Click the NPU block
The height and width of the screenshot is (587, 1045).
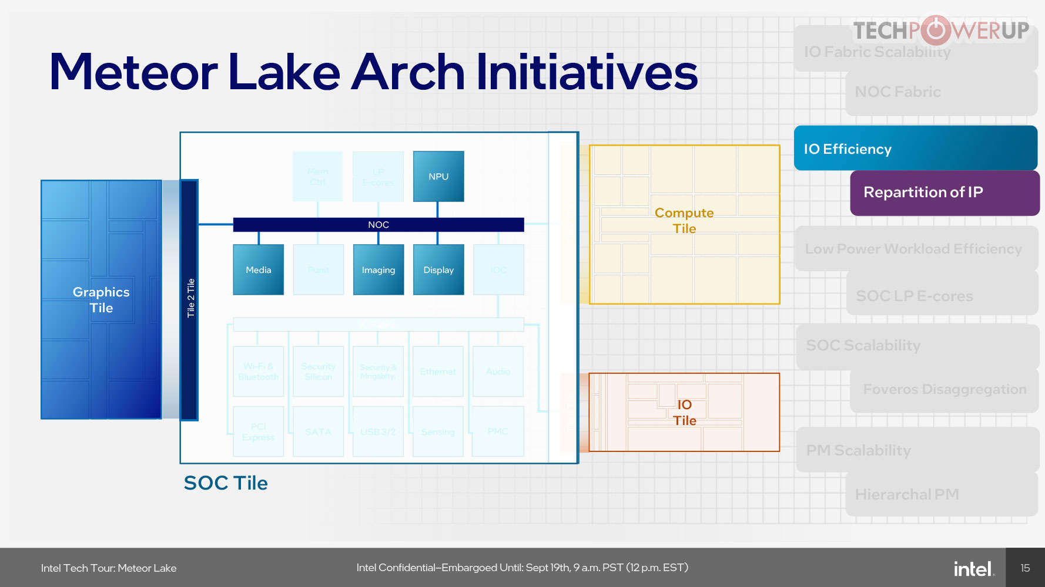[x=438, y=176]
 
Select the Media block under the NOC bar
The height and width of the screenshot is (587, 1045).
[x=259, y=269]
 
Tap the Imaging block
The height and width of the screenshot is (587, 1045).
[x=379, y=269]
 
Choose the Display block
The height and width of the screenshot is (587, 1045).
[x=438, y=269]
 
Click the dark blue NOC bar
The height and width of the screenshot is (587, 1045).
[x=378, y=225]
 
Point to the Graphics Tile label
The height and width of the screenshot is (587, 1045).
[x=101, y=300]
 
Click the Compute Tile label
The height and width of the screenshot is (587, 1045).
[x=684, y=221]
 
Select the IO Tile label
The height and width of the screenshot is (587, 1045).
[x=685, y=413]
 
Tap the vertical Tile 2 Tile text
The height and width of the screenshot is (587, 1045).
[x=190, y=298]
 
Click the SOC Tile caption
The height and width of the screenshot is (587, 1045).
[x=226, y=483]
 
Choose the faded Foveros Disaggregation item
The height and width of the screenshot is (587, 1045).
[x=944, y=390]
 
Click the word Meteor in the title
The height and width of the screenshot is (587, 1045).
[x=134, y=72]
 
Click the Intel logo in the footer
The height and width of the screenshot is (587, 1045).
[x=973, y=568]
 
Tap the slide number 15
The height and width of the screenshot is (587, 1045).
[x=1025, y=568]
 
